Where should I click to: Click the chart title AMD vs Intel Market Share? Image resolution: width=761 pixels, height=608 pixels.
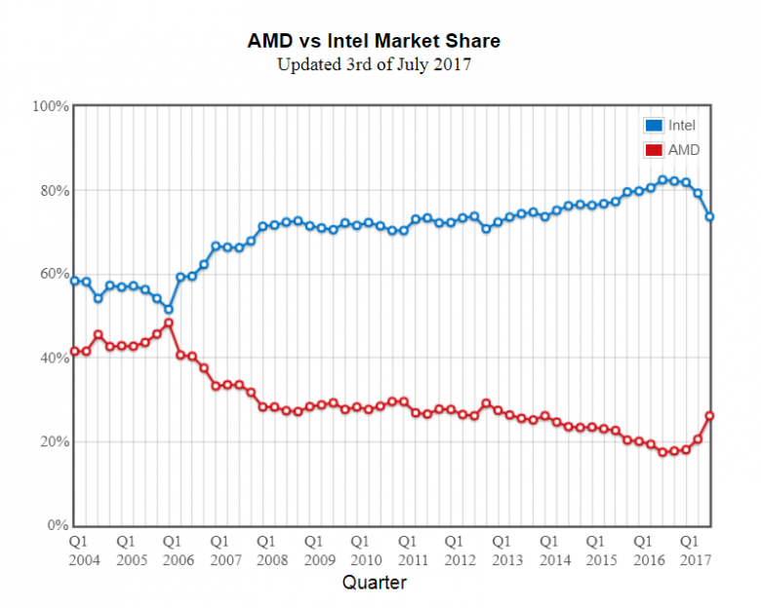coord(375,42)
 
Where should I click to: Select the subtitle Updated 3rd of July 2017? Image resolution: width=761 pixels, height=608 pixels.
coord(375,65)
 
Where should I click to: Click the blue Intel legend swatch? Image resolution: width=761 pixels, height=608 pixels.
coord(654,125)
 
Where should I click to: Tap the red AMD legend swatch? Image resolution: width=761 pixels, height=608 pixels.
coord(654,150)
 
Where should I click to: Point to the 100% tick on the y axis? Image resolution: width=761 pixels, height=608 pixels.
coord(51,105)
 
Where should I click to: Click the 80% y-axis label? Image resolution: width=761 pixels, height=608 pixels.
coord(54,190)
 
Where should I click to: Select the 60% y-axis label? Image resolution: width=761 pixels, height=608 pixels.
coord(54,274)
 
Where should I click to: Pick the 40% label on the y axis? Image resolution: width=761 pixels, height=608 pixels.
coord(54,358)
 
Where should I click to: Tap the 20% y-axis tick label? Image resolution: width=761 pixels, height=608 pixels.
coord(54,441)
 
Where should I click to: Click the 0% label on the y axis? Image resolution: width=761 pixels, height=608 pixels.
coord(58,525)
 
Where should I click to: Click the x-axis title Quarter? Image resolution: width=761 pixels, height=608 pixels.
coord(375,583)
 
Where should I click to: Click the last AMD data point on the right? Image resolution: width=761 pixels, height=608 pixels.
coord(709,416)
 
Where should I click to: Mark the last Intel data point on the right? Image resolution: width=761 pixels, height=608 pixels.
coord(709,216)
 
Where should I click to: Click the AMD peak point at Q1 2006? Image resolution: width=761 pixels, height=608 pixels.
coord(168,323)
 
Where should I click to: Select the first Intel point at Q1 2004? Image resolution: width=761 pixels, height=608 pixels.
coord(74,281)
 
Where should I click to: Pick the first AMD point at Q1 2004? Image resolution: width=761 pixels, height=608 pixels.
coord(74,351)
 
